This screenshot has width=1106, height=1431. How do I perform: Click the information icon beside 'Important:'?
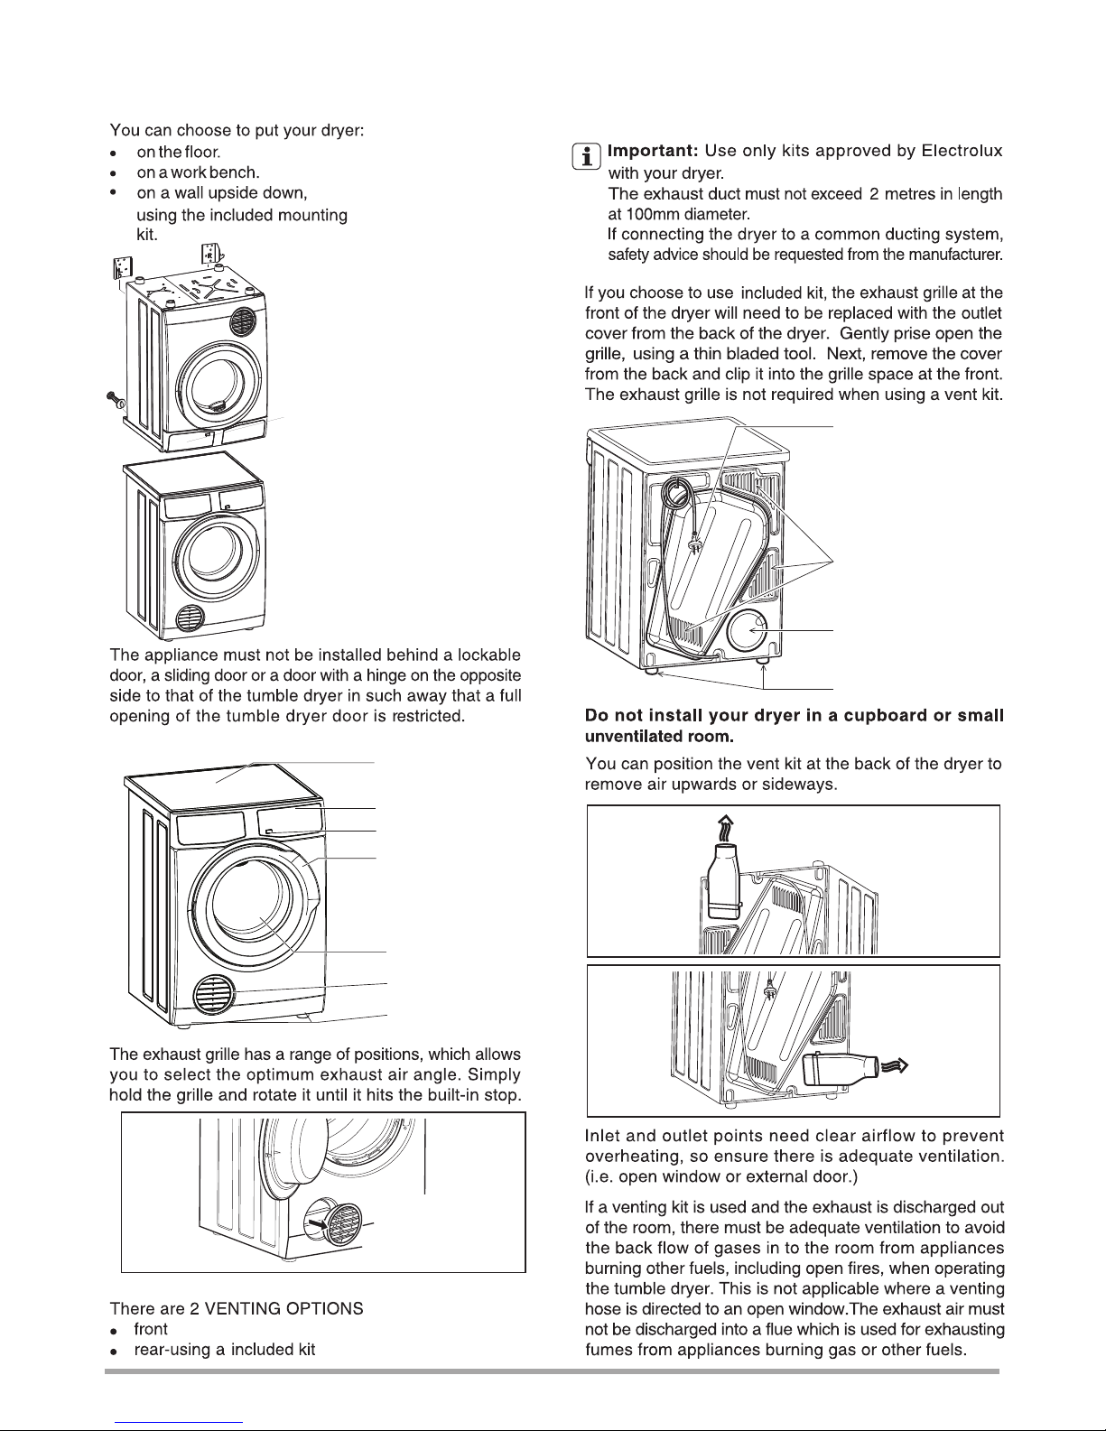586,156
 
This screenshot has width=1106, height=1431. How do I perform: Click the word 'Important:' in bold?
653,151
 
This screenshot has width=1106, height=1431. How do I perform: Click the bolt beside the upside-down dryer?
116,399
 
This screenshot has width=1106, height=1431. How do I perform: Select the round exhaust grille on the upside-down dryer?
242,321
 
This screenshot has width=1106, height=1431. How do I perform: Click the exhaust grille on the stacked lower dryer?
191,618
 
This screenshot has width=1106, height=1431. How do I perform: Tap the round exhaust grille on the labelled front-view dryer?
214,994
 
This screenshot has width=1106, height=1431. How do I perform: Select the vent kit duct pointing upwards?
723,882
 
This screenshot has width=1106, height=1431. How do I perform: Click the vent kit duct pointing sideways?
841,1069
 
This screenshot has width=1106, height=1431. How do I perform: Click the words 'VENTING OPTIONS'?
283,1308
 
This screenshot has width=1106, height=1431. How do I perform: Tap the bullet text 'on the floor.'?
179,152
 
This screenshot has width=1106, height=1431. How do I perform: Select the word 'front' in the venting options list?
151,1329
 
